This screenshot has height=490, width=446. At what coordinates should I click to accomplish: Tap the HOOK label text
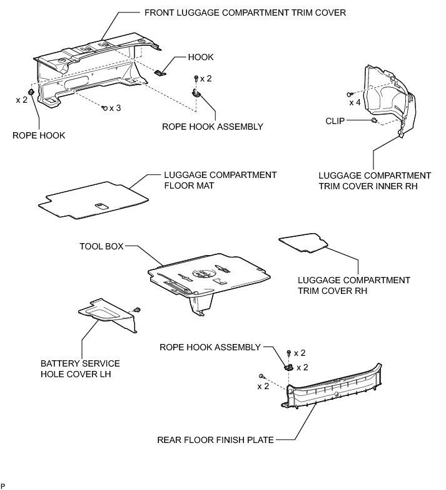201,57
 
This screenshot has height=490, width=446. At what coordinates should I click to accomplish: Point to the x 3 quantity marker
114,108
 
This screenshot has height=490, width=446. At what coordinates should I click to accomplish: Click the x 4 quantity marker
355,102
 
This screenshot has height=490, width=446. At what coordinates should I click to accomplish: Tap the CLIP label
335,120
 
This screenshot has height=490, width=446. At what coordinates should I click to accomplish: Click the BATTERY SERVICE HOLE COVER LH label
80,369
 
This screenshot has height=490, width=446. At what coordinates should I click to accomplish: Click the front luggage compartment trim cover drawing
94,69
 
